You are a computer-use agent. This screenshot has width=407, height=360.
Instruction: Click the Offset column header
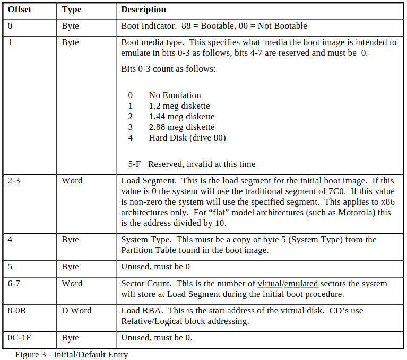pos(19,10)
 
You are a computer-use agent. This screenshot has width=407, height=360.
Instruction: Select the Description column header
pos(143,10)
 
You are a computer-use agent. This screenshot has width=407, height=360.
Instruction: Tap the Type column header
pos(71,10)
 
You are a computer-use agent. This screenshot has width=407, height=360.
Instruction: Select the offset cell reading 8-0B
pos(17,311)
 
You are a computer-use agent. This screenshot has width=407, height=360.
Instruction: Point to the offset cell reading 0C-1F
pos(19,338)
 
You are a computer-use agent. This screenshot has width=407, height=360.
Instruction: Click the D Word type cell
pos(76,311)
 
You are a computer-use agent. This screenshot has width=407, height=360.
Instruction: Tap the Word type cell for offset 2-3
pos(72,181)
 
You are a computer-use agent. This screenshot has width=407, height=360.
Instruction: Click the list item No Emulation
pos(175,95)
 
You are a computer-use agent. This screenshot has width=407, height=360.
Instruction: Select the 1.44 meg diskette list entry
pos(181,117)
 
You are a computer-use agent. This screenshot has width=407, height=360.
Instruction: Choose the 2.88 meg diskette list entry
pos(181,127)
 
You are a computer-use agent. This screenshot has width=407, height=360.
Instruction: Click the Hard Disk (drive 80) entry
pos(187,138)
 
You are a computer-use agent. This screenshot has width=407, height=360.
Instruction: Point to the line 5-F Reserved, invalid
pos(192,164)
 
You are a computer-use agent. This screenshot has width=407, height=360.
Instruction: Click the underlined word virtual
pos(270,284)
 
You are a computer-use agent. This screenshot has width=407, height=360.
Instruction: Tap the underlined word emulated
pos(300,284)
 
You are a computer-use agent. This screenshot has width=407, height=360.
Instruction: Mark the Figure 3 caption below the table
pos(71,355)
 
